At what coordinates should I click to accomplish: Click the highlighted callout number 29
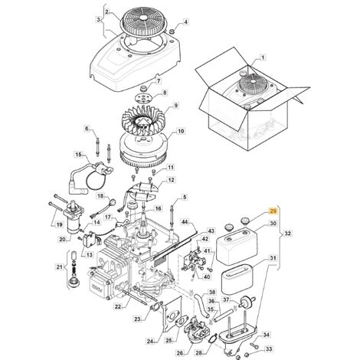coord(273,211)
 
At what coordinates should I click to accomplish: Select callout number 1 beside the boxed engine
coord(263,57)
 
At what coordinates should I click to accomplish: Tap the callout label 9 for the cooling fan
coord(175,105)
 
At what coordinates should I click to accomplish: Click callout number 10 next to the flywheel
coord(181,131)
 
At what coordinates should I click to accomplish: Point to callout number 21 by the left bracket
coord(59,267)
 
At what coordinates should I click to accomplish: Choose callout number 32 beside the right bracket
coord(288,234)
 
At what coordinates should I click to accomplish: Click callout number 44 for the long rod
coord(185,222)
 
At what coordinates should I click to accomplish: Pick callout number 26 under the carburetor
coord(180,353)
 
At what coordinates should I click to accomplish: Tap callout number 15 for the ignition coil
coord(79,154)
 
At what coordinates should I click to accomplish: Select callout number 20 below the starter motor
coord(62,239)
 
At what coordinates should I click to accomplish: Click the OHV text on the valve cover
coord(97,286)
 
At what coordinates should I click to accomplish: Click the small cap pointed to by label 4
coord(172,31)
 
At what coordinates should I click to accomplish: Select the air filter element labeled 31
coord(237,280)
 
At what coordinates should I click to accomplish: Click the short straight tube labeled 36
coord(224,315)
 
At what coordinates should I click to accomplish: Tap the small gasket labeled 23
coord(155,308)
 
